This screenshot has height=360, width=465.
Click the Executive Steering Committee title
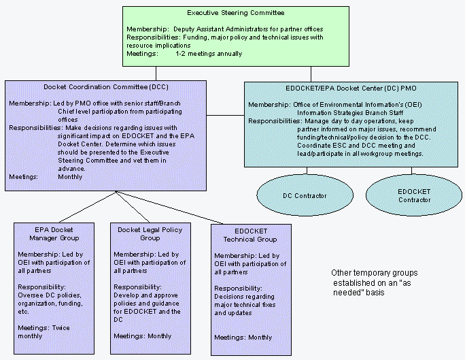click(236, 13)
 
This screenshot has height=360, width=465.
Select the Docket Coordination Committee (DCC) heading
click(106, 87)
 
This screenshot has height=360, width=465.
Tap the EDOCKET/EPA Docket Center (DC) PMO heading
click(351, 88)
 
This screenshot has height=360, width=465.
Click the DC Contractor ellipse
click(305, 195)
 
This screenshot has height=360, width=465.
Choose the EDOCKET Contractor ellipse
click(414, 195)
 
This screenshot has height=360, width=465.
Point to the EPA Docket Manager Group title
click(54, 234)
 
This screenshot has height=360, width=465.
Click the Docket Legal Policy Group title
click(150, 234)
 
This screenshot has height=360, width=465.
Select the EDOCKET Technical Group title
click(250, 235)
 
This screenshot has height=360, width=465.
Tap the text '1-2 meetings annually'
click(209, 54)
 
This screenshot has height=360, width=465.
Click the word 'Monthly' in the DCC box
click(70, 177)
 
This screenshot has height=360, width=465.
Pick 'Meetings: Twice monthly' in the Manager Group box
click(44, 332)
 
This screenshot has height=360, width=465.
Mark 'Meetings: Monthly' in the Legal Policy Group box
click(143, 336)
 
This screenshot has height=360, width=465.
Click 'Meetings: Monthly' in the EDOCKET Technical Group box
click(243, 338)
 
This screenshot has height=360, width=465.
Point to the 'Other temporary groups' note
click(375, 282)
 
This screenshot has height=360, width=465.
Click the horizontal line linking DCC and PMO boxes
click(226, 116)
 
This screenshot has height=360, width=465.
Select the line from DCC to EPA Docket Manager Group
click(88, 207)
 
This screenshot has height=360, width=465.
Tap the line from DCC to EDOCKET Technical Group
click(170, 208)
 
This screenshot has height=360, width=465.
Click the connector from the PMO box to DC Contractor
click(307, 171)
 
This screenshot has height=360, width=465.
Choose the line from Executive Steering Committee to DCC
click(156, 73)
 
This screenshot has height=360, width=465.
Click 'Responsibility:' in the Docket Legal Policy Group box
click(137, 287)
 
